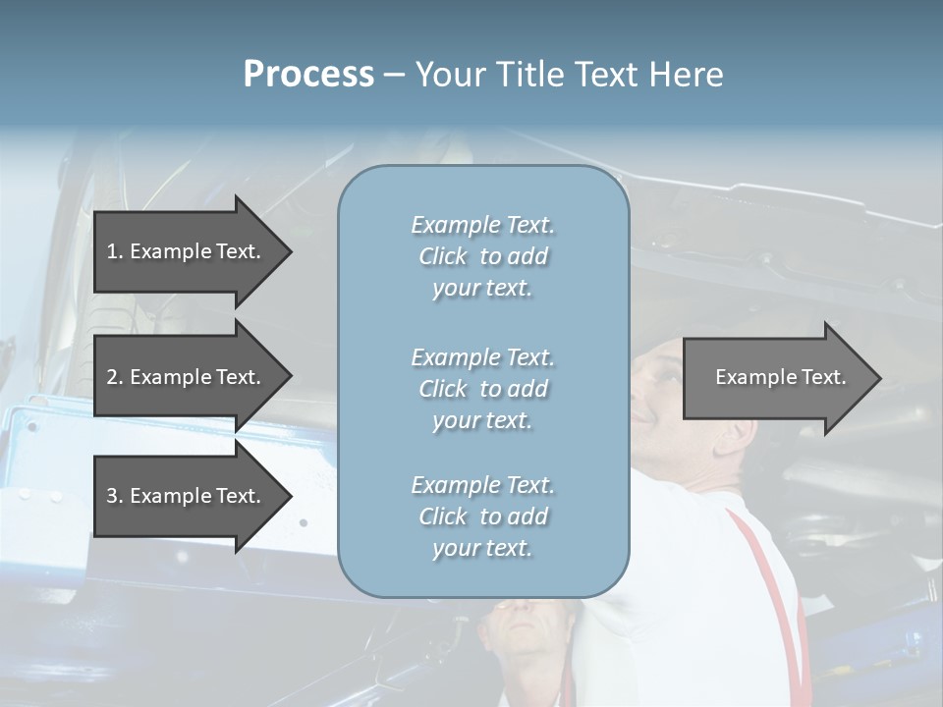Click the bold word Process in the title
pos(308,75)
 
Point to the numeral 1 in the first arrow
pos(113,251)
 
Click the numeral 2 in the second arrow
pos(113,377)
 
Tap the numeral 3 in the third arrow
pos(113,496)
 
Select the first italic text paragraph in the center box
pos(482,256)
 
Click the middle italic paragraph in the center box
pos(482,389)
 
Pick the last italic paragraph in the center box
pos(482,517)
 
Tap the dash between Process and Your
pos(394,76)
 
